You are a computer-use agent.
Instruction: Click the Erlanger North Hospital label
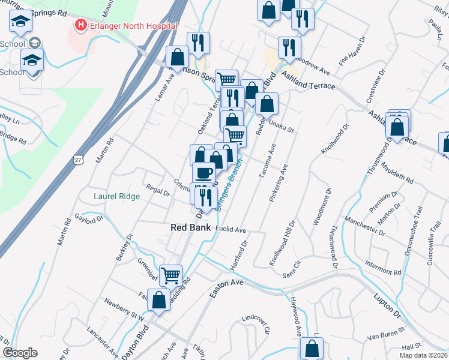(x=133, y=26)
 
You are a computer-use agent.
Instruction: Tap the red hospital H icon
(x=79, y=25)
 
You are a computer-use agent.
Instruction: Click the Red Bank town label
(x=190, y=227)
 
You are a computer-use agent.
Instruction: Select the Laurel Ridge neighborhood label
(x=116, y=196)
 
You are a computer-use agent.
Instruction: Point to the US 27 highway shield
(x=79, y=158)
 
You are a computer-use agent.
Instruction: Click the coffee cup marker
(x=203, y=173)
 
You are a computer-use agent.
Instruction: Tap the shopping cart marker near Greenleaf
(x=171, y=275)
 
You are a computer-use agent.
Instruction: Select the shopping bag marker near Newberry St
(x=158, y=301)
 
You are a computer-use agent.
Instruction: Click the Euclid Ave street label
(x=232, y=230)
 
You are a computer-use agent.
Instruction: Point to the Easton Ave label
(x=227, y=286)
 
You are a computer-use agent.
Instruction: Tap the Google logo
(x=20, y=353)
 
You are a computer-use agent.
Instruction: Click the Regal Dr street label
(x=158, y=190)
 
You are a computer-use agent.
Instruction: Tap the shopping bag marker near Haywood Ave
(x=312, y=348)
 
